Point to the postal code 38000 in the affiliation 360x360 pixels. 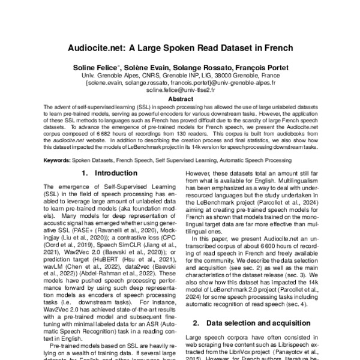[214, 76]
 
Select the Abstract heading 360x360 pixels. [180, 99]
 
